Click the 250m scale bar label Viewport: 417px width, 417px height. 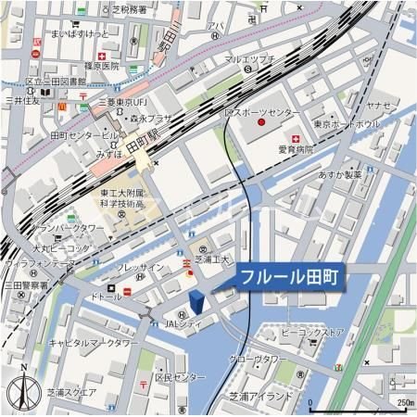click(404, 403)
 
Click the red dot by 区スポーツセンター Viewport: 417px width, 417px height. click(262, 122)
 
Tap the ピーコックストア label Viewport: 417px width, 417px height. click(312, 332)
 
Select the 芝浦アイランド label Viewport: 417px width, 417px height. click(261, 395)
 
